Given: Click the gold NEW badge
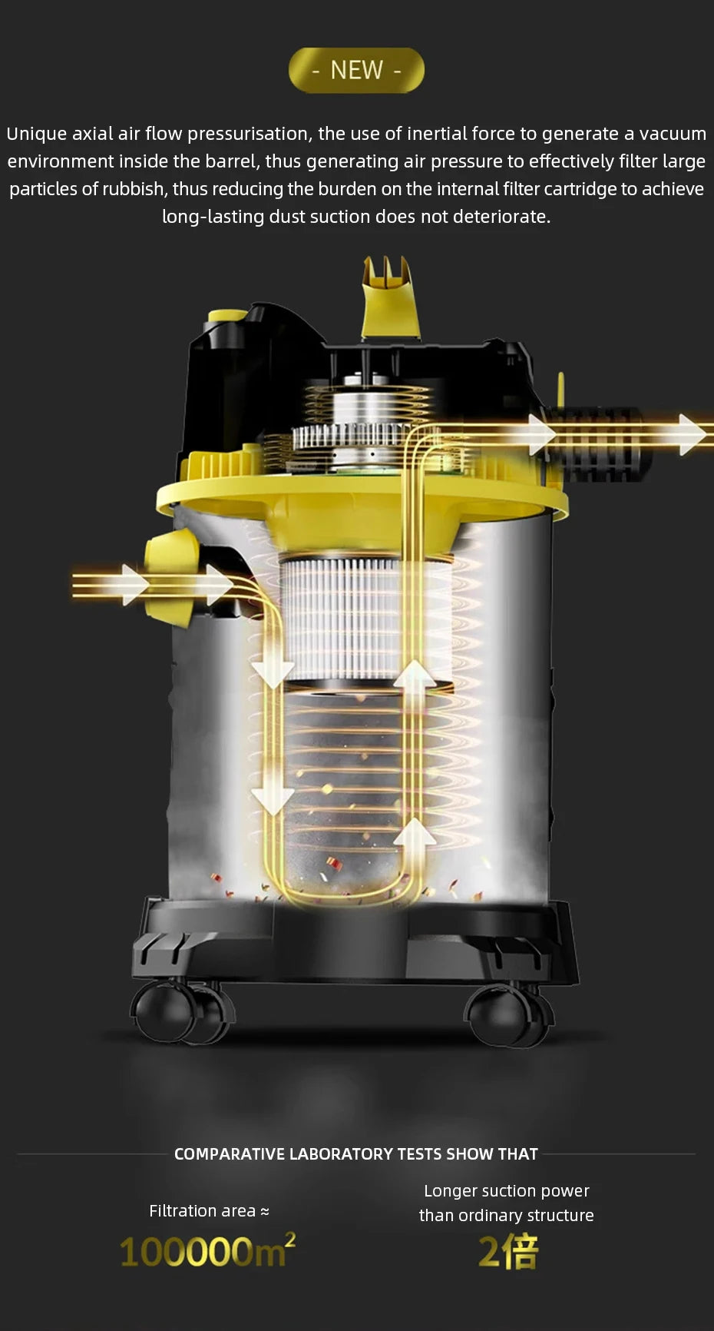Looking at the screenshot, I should point(356,70).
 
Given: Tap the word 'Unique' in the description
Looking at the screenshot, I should point(37,134).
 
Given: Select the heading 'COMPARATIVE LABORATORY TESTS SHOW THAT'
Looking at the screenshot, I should point(356,1153).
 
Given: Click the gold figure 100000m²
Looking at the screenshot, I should point(207,1251).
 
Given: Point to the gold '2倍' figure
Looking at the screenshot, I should point(507,1251).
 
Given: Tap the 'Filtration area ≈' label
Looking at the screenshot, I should point(209,1211).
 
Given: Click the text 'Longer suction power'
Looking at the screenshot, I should point(507,1191).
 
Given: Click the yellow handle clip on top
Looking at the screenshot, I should point(390,300).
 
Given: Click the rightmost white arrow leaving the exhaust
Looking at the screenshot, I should point(691,434).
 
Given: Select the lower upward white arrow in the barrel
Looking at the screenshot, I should point(415,833).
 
